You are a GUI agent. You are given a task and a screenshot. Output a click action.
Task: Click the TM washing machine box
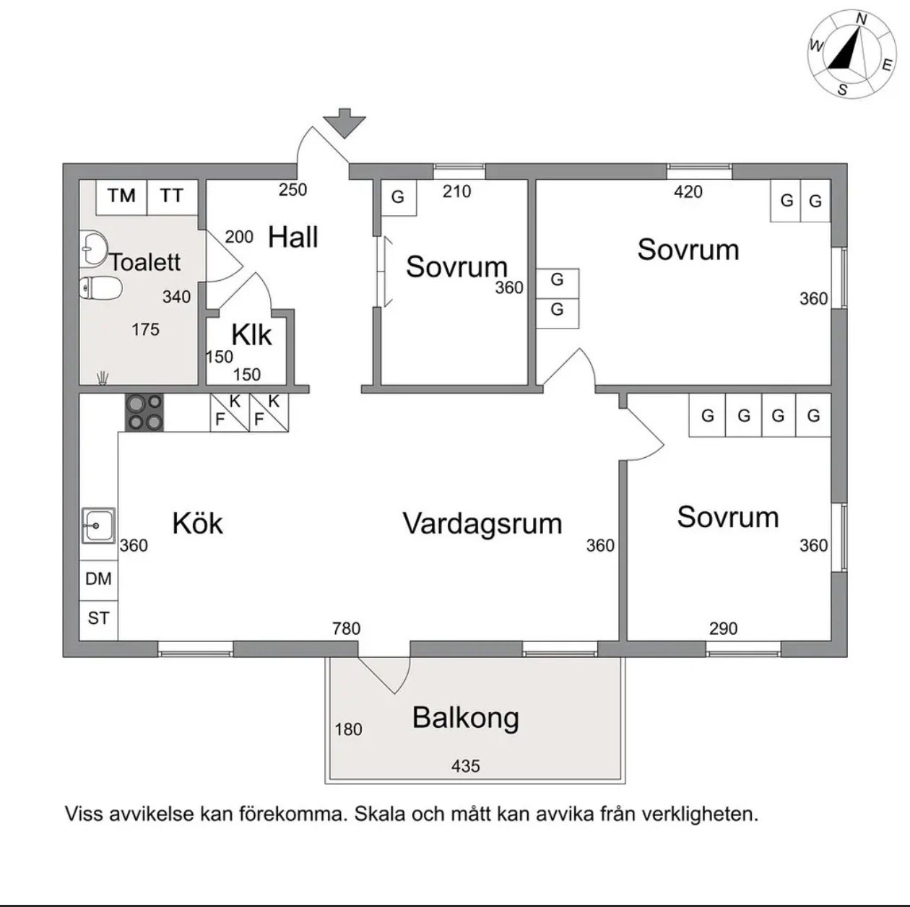coord(121,197)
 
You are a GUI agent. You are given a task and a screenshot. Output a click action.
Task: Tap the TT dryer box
coord(173,197)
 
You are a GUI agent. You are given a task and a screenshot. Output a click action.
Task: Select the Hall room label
coord(292,237)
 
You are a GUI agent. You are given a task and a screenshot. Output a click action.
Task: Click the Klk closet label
coord(251,335)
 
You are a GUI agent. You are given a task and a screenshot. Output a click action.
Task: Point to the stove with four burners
coord(144,412)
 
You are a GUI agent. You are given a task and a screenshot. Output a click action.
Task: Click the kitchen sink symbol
coord(98,525)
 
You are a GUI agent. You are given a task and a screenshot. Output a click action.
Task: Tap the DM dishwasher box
coord(98,580)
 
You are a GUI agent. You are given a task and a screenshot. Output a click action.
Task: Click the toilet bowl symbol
coord(100,287)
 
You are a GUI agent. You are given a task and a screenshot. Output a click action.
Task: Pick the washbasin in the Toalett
coord(92,247)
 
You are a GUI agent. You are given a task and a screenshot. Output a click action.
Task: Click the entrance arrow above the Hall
coord(344,123)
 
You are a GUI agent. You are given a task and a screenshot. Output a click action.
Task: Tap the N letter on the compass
coord(862,19)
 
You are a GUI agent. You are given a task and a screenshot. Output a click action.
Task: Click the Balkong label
coord(466,718)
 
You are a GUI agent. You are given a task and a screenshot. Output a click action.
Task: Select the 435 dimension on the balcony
coord(466,765)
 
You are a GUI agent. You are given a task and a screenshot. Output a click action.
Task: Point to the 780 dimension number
coord(346,628)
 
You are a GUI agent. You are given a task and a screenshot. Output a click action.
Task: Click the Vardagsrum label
coord(482,524)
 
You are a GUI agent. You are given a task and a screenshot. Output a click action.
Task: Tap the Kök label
coord(197,524)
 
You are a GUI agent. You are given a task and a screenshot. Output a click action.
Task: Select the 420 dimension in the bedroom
coord(688,192)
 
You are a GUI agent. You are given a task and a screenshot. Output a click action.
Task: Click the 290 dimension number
coord(724,628)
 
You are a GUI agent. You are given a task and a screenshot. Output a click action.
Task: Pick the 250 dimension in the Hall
coord(292,190)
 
